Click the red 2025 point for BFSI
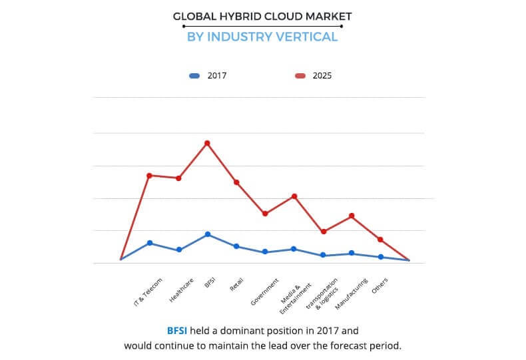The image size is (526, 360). [207, 143]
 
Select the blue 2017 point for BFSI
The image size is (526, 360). [207, 234]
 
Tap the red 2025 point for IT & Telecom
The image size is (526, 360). [149, 176]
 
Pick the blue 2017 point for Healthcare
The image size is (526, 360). [178, 250]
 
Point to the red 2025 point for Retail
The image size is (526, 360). [236, 182]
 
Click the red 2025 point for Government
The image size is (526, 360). [265, 214]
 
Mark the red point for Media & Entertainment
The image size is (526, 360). [294, 196]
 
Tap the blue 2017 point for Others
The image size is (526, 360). [381, 257]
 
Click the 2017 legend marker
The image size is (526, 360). [194, 76]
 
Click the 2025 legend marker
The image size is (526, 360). [300, 76]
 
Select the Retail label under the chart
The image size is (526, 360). [236, 285]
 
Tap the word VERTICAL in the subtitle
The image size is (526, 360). [308, 37]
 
